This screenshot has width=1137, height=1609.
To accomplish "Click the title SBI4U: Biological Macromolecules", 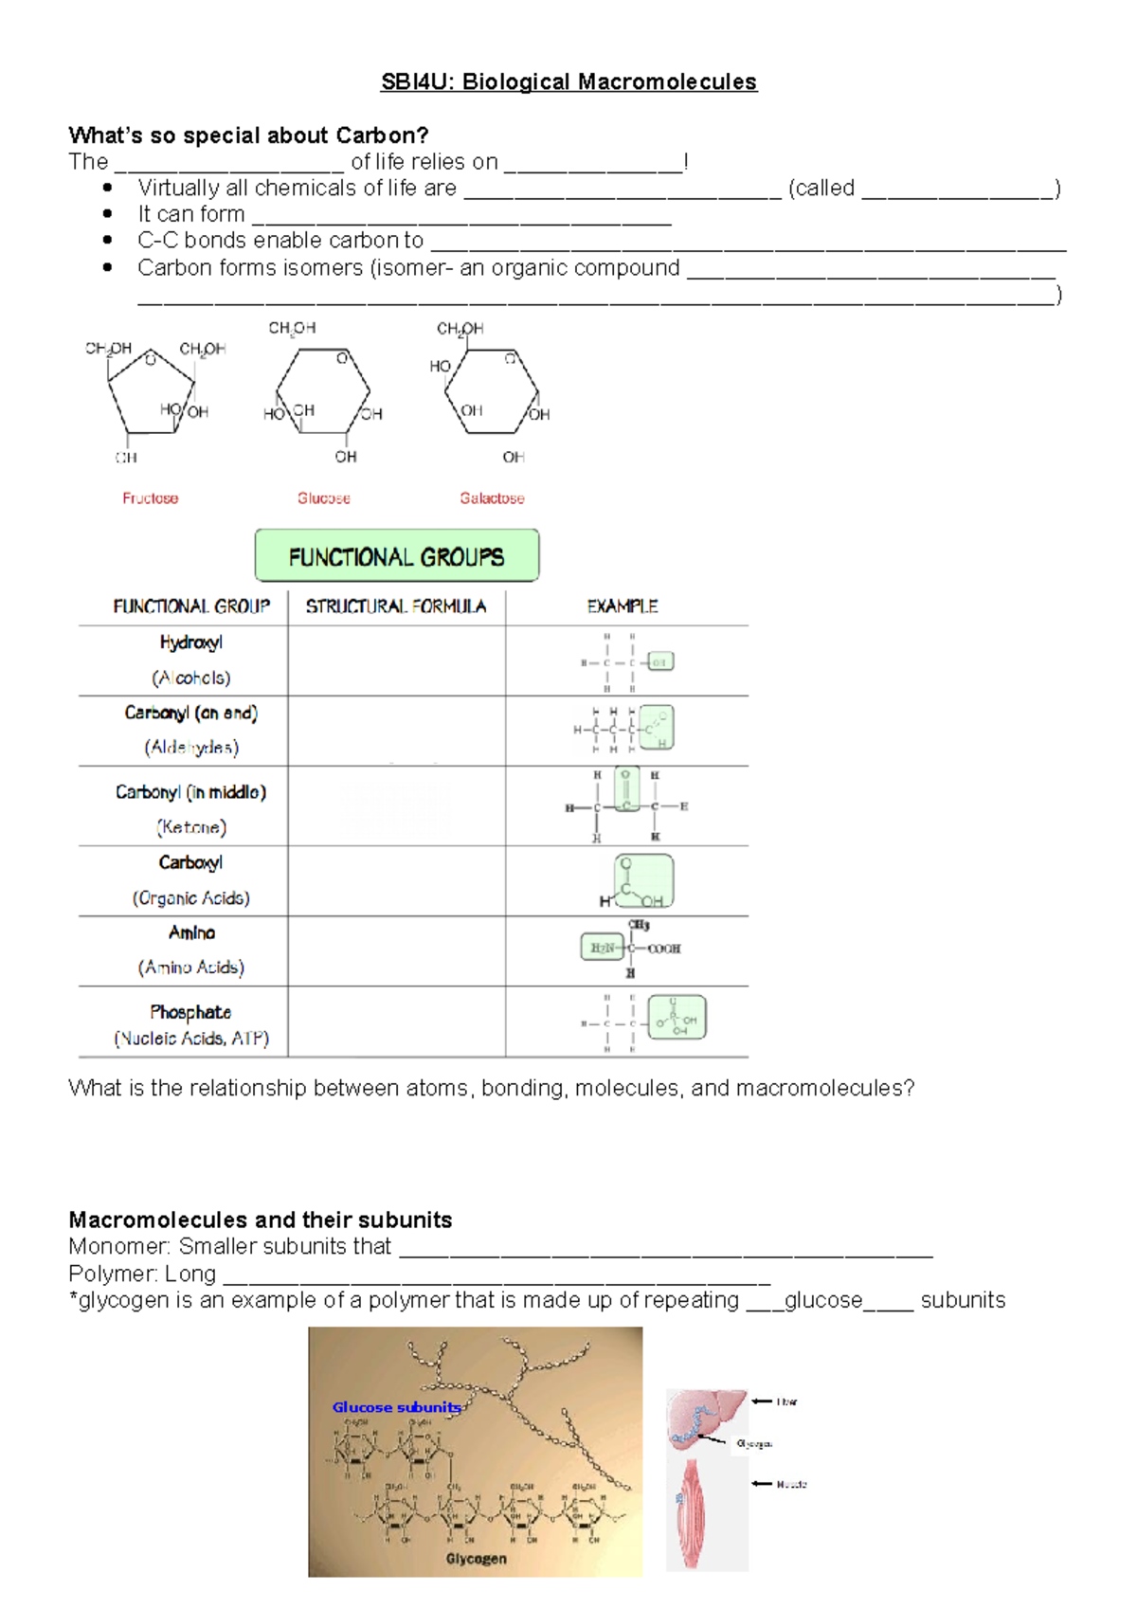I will [x=568, y=82].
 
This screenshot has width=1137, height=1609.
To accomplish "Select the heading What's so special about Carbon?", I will [x=248, y=136].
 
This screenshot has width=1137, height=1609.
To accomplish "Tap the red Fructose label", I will [x=150, y=498].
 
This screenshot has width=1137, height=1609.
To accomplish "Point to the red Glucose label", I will [x=324, y=498].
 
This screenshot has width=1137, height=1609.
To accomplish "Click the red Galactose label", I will [x=492, y=498].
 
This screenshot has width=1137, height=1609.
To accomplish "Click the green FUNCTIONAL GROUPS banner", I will [x=397, y=556].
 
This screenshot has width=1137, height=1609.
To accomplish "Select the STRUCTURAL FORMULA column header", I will [x=396, y=606].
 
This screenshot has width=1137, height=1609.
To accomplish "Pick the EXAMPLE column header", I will [x=623, y=606].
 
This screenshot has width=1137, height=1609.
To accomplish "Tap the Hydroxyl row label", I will [x=191, y=642].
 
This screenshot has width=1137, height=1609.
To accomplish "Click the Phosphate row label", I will [x=190, y=1012].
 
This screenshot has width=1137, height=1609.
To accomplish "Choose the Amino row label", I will [x=191, y=933].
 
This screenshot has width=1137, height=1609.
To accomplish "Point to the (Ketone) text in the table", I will [x=191, y=827].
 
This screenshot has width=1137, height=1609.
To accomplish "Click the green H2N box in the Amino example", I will [x=602, y=948].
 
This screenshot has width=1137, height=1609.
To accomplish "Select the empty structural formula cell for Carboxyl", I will [x=396, y=880].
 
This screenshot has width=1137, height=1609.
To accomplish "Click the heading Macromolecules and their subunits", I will [x=261, y=1220].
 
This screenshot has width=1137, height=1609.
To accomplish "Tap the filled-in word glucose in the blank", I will [x=823, y=1300].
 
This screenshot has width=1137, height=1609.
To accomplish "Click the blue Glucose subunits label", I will [x=396, y=1407].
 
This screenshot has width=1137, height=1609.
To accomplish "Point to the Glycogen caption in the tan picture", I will [x=476, y=1559].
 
